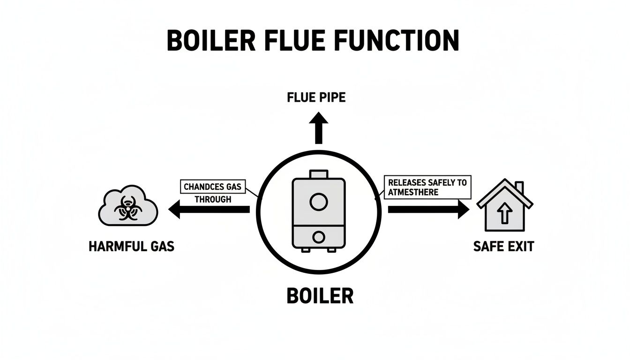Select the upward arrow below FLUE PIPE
click(x=319, y=127)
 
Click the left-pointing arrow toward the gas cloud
click(x=209, y=209)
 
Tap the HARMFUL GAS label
click(x=131, y=246)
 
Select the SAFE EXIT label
click(x=503, y=246)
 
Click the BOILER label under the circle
click(x=320, y=296)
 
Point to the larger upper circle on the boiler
click(x=318, y=202)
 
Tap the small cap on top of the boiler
click(x=319, y=174)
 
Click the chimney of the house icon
click(x=519, y=187)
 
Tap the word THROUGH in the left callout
click(x=213, y=199)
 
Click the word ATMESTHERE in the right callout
click(x=413, y=192)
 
